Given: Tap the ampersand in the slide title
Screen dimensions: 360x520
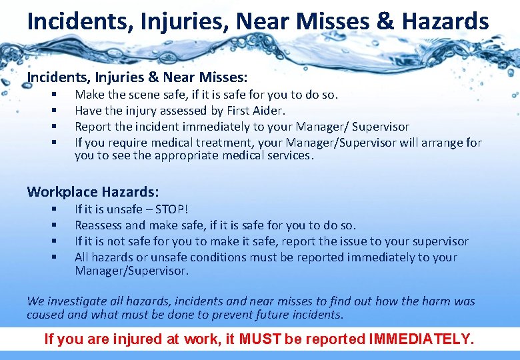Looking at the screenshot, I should point(385,22).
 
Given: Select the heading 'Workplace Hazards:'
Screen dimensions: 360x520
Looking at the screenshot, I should point(93,192).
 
